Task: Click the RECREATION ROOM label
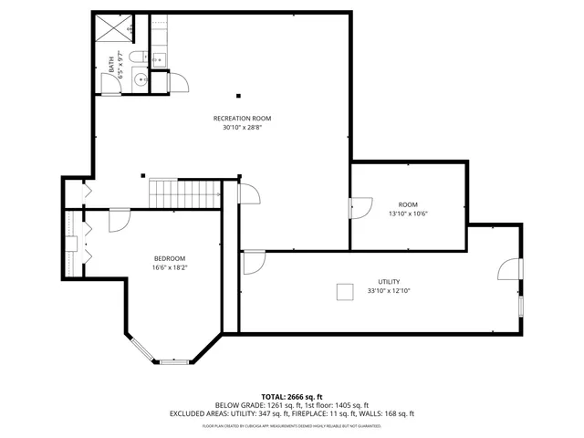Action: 242,119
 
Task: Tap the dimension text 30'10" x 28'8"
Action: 242,128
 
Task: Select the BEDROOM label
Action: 169,258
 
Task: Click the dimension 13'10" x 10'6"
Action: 408,214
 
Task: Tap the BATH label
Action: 112,65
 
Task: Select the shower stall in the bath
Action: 114,28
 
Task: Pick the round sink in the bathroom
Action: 140,80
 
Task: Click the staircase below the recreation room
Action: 185,193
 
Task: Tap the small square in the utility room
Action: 345,291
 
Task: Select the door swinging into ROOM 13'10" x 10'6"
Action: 360,208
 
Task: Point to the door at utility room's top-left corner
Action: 253,261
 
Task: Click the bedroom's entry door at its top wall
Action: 120,220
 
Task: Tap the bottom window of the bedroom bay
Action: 173,361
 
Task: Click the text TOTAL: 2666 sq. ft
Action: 291,397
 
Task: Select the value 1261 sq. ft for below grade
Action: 278,405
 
